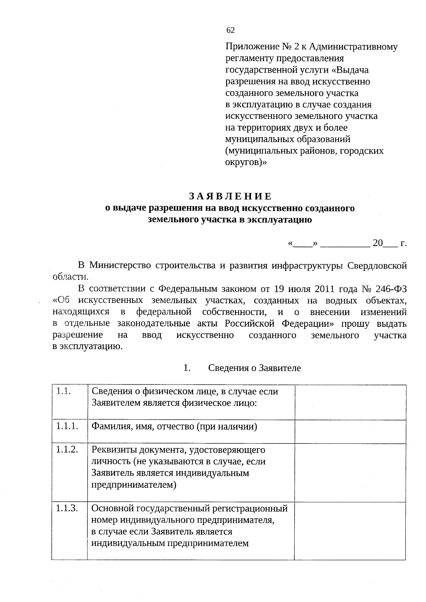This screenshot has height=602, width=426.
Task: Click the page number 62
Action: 230,31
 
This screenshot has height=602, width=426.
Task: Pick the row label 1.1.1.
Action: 67,426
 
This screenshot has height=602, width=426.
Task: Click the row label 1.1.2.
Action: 67,450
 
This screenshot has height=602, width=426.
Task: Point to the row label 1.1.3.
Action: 67,508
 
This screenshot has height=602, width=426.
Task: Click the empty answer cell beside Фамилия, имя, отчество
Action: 350,431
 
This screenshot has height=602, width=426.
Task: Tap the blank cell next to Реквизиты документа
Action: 350,473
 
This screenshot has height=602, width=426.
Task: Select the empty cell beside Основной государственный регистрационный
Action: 350,531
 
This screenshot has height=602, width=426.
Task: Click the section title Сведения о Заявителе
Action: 254,368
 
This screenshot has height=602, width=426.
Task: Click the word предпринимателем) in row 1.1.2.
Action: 134,485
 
